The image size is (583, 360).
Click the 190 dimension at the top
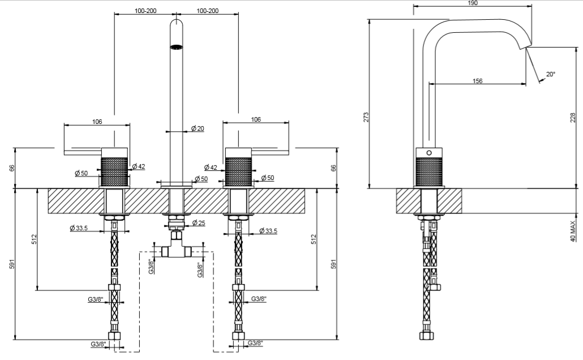473,3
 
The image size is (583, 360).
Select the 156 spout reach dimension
477,81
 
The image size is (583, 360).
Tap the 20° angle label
550,74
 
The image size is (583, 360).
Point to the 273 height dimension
366,117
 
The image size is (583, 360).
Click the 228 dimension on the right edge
573,118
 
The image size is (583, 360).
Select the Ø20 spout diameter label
198,128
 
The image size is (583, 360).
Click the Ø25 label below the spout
198,222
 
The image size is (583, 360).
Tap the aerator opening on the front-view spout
177,46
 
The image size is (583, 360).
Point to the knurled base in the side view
430,172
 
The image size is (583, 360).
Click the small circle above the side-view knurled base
428,153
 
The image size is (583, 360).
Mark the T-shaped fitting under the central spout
177,249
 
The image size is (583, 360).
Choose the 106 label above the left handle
97,120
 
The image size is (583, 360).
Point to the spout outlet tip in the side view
528,48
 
